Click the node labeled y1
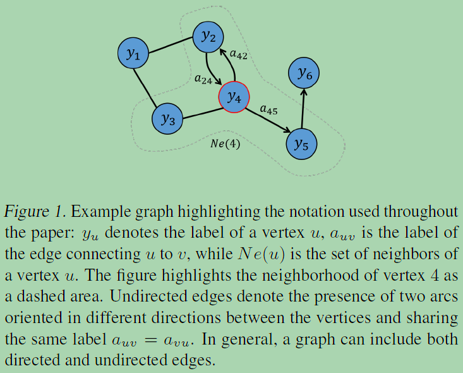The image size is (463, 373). (x=134, y=54)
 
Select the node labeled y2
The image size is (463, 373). (x=208, y=37)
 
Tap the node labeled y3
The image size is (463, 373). (x=168, y=118)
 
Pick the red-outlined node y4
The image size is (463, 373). (x=234, y=97)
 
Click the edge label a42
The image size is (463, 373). (x=238, y=55)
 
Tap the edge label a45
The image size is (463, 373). (x=268, y=110)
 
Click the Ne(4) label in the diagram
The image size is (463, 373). (x=225, y=144)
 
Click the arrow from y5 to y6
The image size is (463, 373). (x=303, y=109)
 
